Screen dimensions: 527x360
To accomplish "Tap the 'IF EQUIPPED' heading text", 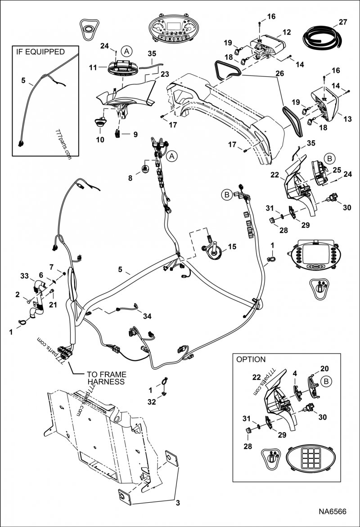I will point(40,52).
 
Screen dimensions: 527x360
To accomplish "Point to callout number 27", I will point(343,22).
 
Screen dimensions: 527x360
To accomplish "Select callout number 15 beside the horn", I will point(232,246).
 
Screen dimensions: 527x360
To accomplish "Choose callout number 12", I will point(287,32).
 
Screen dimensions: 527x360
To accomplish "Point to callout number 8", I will point(130,178).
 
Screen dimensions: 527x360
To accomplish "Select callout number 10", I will point(100,140).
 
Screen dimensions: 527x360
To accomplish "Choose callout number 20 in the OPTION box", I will point(324,369).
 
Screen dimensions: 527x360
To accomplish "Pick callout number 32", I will point(152,402).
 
